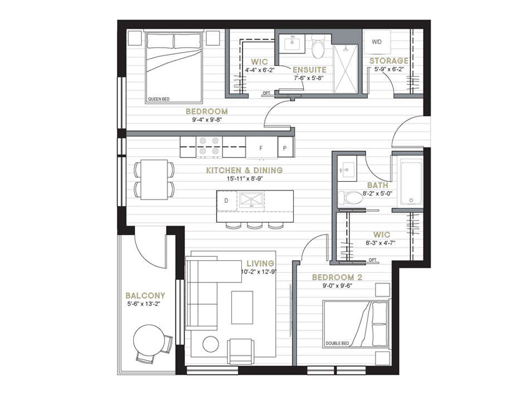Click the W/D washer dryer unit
pos(377,42)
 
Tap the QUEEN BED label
pos(159,99)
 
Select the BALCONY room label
pos(145,296)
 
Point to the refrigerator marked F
pos(261,147)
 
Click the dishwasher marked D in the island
pos(227,201)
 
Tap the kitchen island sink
pos(251,201)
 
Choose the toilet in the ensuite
pos(318,46)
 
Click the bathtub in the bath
pos(411,182)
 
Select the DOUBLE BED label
pos(337,343)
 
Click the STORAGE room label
pos(389,61)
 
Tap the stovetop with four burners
pos(209,147)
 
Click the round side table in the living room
pos(211,344)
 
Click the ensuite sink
pos(292,43)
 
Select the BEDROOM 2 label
pos(337,277)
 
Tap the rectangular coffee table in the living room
pos(242,308)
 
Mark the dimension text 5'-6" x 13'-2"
pos(146,304)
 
